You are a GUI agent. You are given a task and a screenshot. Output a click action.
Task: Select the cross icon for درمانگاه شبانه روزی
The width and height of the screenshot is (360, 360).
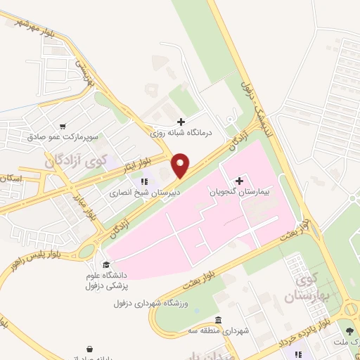point(181,122)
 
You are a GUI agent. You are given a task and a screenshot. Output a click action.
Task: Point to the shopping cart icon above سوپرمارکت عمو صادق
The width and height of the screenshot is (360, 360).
point(64,127)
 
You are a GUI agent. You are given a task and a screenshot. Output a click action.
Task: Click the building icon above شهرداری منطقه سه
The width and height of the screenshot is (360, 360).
point(218,321)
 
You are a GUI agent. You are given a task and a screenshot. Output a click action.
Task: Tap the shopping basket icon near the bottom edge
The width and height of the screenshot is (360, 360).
point(90,349)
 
